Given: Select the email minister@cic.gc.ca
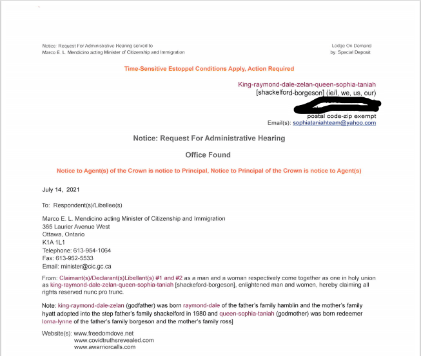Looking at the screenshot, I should point(86,266).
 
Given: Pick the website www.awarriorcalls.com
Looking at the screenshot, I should point(105,347).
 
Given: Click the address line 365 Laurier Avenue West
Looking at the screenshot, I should point(76,227).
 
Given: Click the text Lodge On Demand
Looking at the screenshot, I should point(353,46).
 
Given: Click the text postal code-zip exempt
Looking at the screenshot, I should point(343,115).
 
